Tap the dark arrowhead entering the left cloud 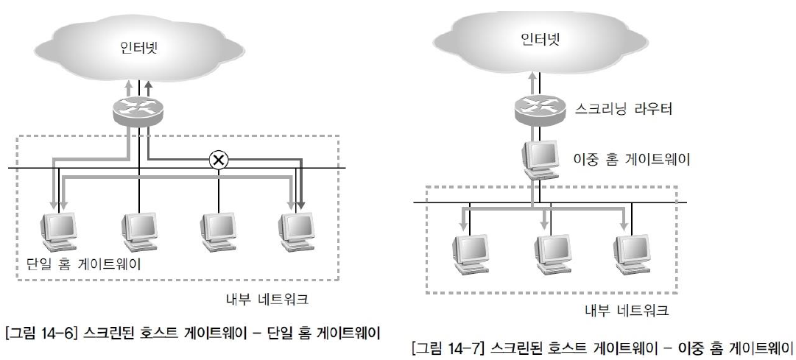tap(148, 85)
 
